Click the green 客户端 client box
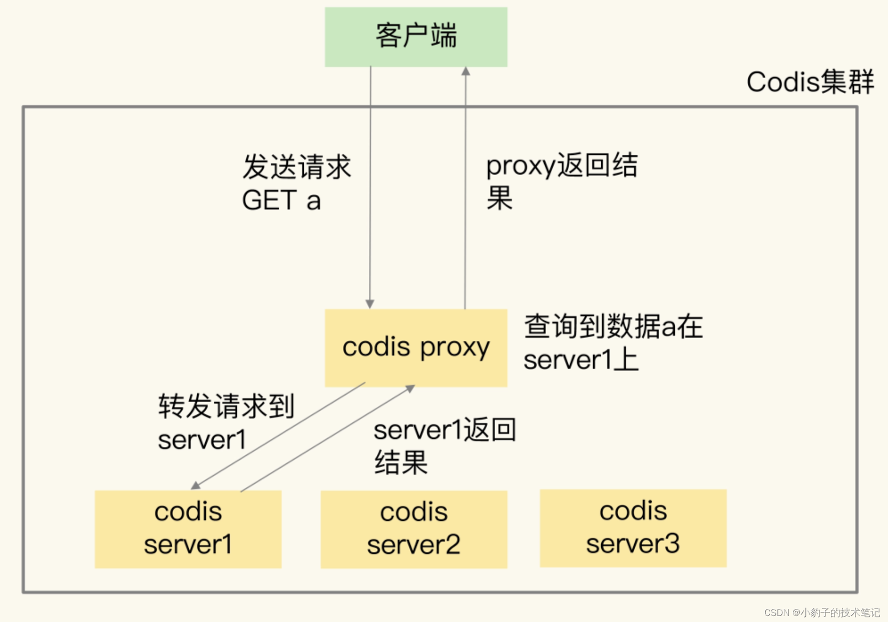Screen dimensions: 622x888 coord(415,36)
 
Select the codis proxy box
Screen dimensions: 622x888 coord(415,347)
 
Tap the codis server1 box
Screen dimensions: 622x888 coord(188,528)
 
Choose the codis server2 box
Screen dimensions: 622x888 coord(413,529)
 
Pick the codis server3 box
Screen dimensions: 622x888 coord(633,528)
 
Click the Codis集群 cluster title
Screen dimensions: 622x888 coord(809,81)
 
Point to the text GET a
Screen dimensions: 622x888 coord(281,200)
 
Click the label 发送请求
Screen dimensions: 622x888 coord(296,167)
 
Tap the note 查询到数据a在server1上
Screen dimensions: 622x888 coord(613,342)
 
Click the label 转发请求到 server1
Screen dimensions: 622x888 coord(225,422)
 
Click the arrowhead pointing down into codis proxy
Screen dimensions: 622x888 coord(370,304)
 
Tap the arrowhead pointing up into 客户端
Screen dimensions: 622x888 coord(466,71)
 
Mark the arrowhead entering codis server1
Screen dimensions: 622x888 coord(196,485)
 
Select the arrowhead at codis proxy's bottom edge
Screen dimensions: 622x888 coord(410,388)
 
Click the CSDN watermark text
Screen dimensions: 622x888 coord(821,612)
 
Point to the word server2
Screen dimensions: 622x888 coord(413,545)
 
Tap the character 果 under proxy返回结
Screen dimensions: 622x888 coord(499,198)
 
